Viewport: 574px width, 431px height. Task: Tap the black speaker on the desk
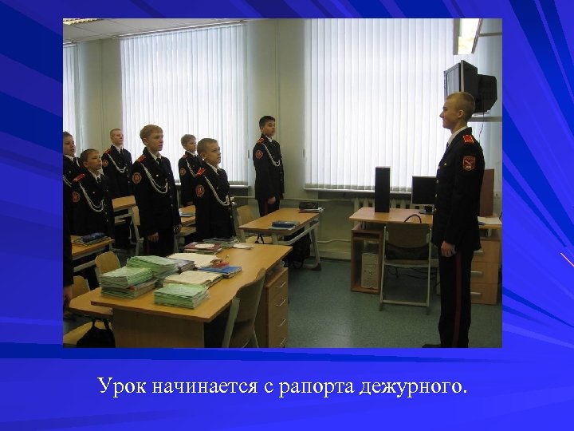(x=383, y=188)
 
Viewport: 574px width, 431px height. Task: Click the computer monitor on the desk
(x=424, y=192)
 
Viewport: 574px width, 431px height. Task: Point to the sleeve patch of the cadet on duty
(x=469, y=163)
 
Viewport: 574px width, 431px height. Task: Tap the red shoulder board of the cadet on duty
(x=468, y=138)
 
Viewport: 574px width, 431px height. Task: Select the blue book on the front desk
(x=221, y=271)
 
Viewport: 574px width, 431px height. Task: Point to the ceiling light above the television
(x=467, y=36)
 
